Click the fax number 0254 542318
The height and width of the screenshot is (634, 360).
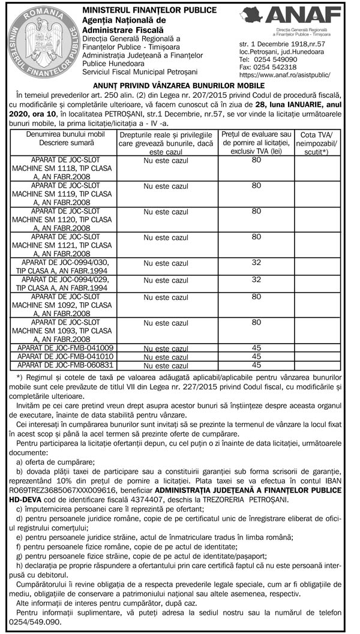click(x=278, y=68)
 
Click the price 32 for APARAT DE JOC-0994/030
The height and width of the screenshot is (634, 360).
click(x=256, y=262)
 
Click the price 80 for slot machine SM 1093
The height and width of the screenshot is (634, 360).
click(x=256, y=322)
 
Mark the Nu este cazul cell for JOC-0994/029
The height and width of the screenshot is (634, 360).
click(x=165, y=280)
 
